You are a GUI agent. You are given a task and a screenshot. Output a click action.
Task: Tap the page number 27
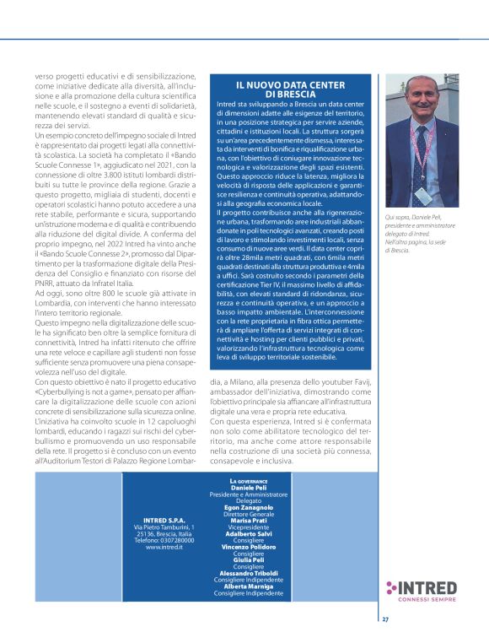pyautogui.click(x=384, y=619)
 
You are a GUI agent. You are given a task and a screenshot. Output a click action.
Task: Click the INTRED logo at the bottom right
pyautogui.click(x=422, y=587)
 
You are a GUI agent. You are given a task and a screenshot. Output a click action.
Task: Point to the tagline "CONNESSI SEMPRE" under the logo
pyautogui.click(x=428, y=600)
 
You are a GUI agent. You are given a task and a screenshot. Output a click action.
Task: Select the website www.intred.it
pyautogui.click(x=164, y=547)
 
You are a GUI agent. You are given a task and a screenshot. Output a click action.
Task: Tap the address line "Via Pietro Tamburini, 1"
pyautogui.click(x=164, y=527)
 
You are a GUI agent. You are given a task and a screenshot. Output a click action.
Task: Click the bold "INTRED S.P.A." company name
pyautogui.click(x=164, y=521)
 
